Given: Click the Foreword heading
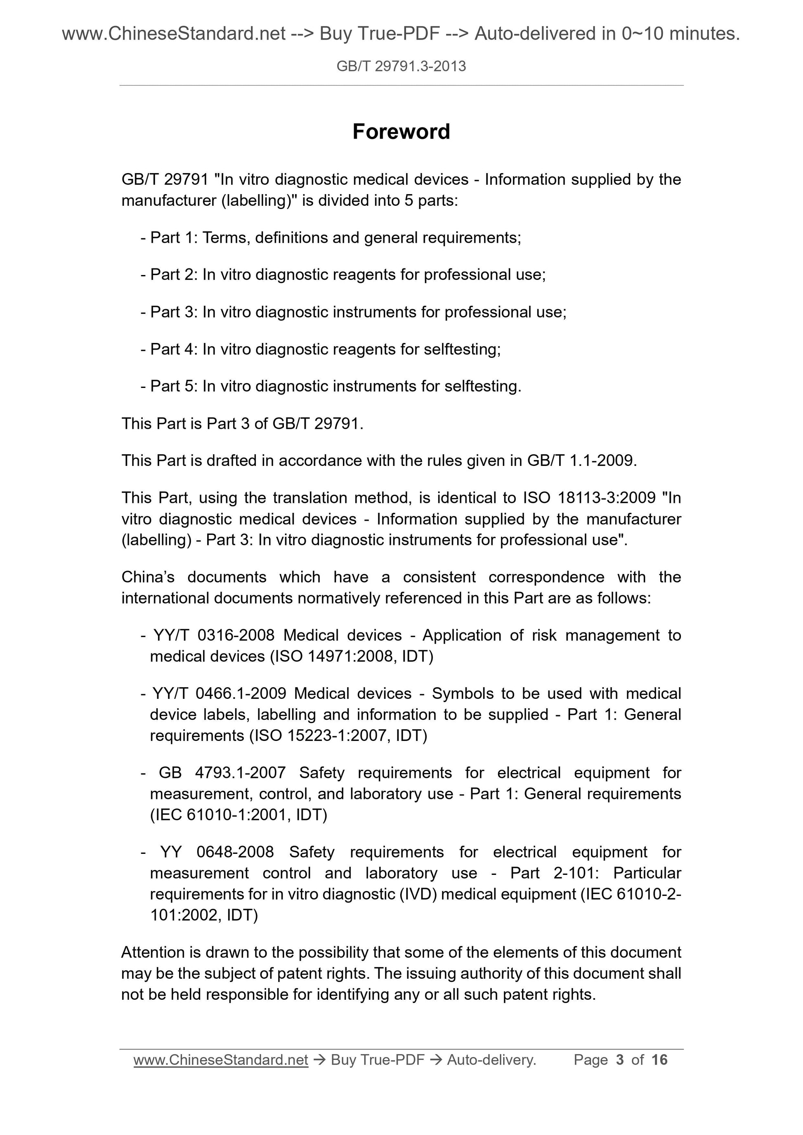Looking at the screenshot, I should (x=401, y=132).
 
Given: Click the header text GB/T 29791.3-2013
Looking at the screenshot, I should (x=401, y=66).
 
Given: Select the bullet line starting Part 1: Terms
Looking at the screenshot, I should (x=331, y=238).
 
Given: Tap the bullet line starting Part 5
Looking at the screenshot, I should (x=331, y=386).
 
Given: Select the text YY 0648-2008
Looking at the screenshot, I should (x=217, y=852).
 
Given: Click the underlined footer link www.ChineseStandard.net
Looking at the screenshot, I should (x=221, y=1060).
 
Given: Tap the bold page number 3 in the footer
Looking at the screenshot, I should (x=619, y=1060).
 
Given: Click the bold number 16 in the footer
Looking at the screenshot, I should (x=659, y=1060).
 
